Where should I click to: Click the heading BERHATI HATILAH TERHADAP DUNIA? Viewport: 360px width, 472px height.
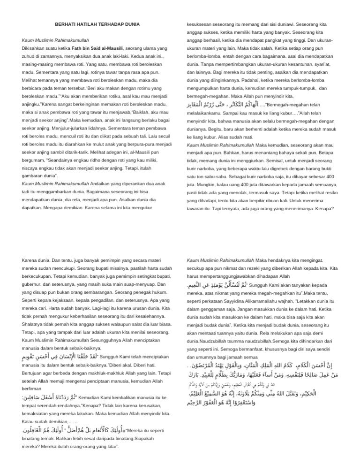(97, 24)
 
